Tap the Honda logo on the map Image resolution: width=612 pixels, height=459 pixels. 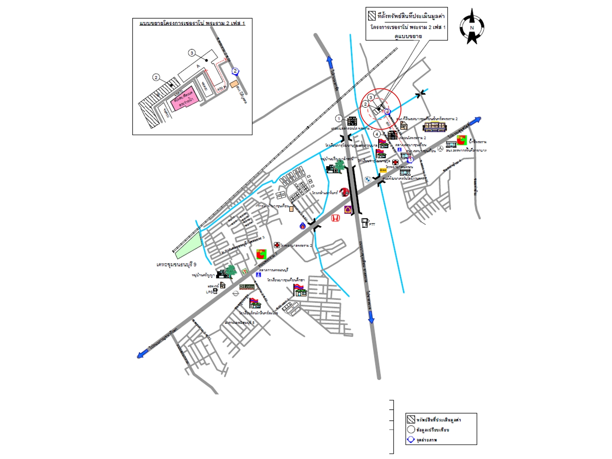[335, 218]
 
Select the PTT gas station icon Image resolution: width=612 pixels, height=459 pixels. [365, 223]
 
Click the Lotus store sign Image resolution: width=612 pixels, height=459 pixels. [247, 287]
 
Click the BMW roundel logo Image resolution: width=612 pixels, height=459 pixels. [368, 180]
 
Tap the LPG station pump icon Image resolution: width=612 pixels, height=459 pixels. [215, 292]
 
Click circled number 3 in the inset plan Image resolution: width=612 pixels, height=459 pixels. [192, 53]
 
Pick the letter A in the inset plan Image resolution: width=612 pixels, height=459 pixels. [198, 66]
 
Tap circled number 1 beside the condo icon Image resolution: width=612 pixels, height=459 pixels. [339, 119]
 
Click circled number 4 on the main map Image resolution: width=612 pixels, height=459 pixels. [377, 134]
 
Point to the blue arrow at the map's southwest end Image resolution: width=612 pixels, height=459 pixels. [141, 355]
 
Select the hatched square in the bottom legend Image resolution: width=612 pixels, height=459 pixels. [411, 419]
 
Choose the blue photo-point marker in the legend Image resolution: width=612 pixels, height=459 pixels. [411, 440]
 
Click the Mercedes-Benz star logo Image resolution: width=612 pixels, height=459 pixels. [440, 149]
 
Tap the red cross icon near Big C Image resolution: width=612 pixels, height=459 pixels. [277, 245]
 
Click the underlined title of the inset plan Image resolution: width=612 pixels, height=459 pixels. [192, 23]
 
